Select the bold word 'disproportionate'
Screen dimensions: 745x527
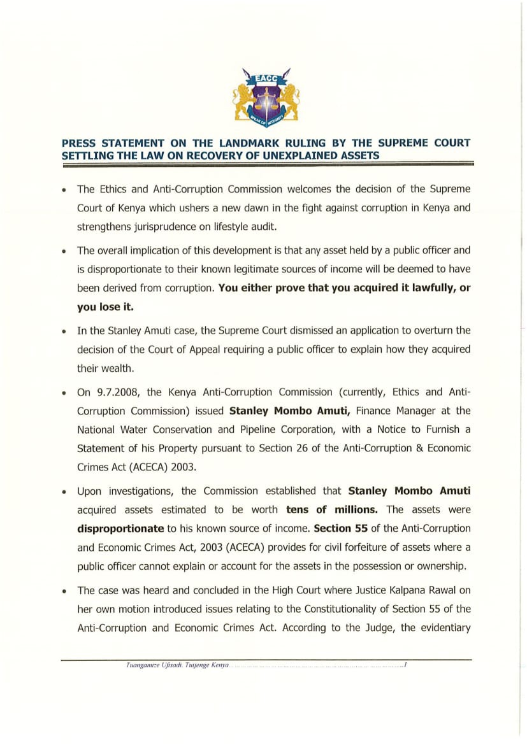tap(120, 528)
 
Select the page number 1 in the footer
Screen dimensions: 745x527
tap(405, 665)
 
